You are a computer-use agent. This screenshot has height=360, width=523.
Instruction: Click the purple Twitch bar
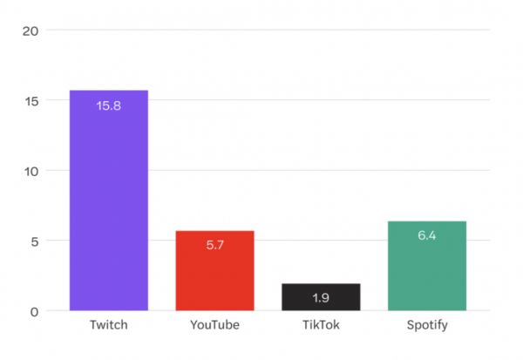(109, 200)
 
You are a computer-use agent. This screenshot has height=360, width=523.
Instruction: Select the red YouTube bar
(214, 270)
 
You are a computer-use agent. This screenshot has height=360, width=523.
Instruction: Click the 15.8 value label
(109, 106)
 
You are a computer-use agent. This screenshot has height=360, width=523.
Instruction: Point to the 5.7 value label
(214, 246)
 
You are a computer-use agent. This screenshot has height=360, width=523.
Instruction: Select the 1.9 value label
(321, 298)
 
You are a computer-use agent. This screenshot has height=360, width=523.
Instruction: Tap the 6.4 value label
(427, 235)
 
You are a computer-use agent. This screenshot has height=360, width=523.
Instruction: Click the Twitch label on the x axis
(109, 326)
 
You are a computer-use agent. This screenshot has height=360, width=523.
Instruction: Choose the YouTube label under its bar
(214, 326)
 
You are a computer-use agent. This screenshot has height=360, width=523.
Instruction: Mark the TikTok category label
(321, 326)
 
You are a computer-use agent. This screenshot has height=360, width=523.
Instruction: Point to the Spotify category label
(427, 326)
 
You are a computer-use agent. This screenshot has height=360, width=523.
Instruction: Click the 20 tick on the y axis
(31, 31)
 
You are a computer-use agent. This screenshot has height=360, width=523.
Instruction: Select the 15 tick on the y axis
(31, 100)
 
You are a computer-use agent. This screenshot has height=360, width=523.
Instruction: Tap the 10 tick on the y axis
(31, 171)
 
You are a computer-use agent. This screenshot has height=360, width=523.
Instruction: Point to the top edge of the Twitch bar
(109, 91)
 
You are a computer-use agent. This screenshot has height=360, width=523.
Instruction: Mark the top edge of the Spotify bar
(427, 221)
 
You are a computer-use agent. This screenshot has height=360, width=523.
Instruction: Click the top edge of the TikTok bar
(321, 284)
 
